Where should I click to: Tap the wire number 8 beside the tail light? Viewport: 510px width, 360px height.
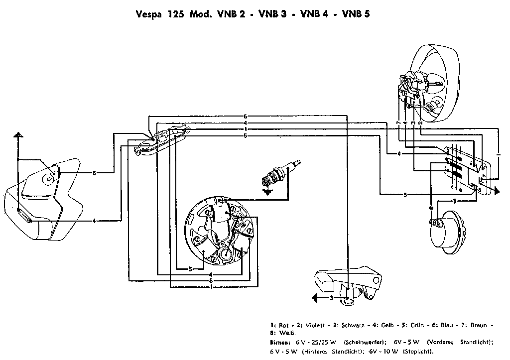click(94, 173)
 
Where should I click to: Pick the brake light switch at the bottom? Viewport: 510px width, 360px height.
click(349, 284)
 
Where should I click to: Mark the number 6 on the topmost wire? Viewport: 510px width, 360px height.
click(245, 116)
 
